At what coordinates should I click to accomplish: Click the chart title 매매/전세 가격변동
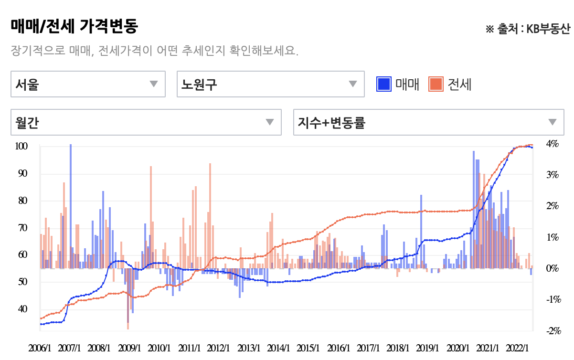(x=74, y=26)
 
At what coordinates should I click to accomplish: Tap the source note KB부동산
(x=548, y=29)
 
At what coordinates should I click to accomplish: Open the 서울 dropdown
(x=88, y=84)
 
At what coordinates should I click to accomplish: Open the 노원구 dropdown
(x=271, y=84)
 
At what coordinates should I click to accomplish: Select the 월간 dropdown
(x=146, y=122)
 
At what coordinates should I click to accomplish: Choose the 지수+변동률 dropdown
(x=429, y=122)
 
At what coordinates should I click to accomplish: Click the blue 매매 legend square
(x=384, y=84)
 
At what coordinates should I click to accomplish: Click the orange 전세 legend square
(x=436, y=84)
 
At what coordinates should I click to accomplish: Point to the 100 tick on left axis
(x=21, y=146)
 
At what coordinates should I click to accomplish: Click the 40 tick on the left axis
(x=22, y=309)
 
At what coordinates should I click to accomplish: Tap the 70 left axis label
(x=22, y=228)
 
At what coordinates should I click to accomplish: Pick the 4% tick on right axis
(x=553, y=144)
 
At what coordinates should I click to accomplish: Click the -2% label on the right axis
(x=553, y=331)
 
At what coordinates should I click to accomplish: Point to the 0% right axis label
(x=553, y=268)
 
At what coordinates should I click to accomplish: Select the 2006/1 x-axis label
(x=40, y=348)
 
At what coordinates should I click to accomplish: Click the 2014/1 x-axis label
(x=278, y=348)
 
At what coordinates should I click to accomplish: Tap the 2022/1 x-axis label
(x=517, y=348)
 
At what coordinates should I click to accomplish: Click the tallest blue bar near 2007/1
(x=71, y=206)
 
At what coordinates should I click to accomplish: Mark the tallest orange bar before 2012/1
(x=210, y=216)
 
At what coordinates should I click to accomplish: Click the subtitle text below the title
(x=155, y=51)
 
